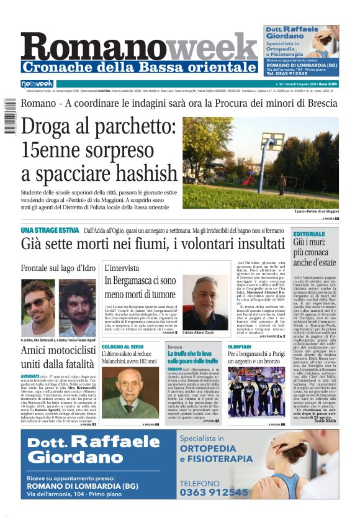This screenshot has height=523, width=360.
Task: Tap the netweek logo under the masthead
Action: [37, 83]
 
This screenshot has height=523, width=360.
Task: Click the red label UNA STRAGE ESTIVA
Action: [49, 230]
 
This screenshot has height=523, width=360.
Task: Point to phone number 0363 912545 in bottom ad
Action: [214, 492]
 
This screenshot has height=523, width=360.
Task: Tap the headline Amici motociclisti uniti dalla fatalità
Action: [58, 358]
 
